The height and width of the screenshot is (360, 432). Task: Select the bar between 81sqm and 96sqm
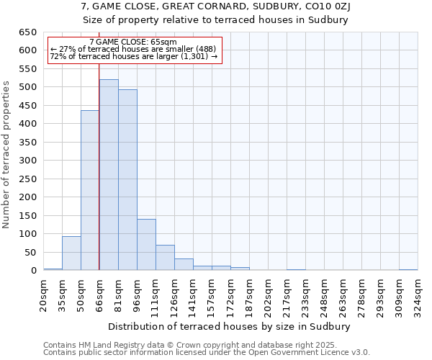click(127, 180)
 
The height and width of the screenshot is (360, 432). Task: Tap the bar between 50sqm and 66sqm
click(90, 190)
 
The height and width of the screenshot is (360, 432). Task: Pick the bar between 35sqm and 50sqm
click(71, 253)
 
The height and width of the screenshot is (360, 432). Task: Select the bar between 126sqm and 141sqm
click(184, 264)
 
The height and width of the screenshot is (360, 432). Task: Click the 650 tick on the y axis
click(27, 32)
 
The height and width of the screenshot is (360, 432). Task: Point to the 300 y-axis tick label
click(27, 161)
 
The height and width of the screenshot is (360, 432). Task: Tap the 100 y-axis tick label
click(27, 234)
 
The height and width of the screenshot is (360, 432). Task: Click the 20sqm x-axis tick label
click(44, 294)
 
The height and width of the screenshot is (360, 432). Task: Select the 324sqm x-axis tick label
click(418, 294)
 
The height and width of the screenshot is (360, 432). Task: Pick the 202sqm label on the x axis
click(269, 294)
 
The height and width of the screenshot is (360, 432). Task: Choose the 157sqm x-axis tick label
click(212, 294)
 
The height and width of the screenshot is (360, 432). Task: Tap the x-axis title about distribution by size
click(230, 326)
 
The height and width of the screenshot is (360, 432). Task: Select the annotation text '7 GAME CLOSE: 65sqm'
click(133, 42)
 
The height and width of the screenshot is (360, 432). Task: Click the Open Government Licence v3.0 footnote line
click(207, 353)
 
